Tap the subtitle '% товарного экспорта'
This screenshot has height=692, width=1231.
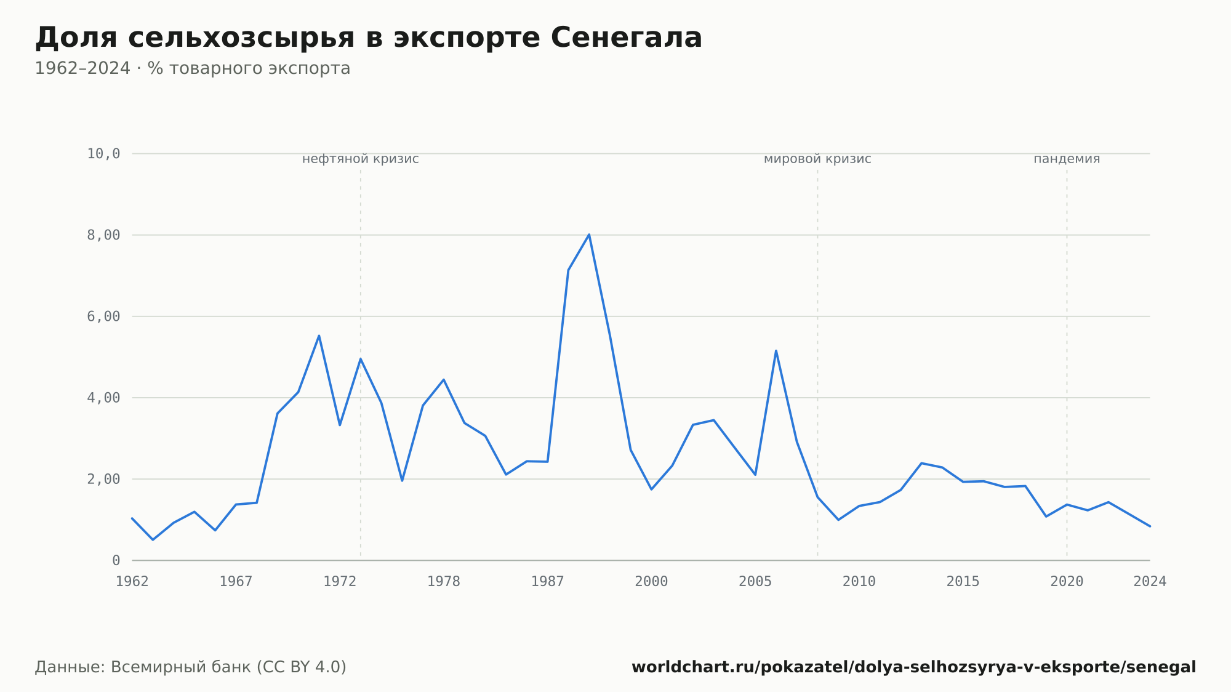pyautogui.click(x=249, y=68)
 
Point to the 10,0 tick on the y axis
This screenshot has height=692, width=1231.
pyautogui.click(x=103, y=154)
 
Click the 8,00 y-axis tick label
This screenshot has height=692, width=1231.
pyautogui.click(x=103, y=235)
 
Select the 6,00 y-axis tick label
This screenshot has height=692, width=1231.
pyautogui.click(x=103, y=316)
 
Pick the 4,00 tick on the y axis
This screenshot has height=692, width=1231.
pyautogui.click(x=103, y=398)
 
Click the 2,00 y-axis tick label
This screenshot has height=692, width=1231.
pyautogui.click(x=103, y=479)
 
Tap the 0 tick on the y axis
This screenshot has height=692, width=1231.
pyautogui.click(x=116, y=560)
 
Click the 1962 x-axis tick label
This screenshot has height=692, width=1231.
pyautogui.click(x=132, y=582)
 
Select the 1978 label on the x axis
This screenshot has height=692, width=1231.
pyautogui.click(x=444, y=582)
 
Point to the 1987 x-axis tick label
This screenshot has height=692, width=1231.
pyautogui.click(x=548, y=582)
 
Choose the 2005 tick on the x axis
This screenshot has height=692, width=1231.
pyautogui.click(x=755, y=582)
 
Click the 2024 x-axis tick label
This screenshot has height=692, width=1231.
pyautogui.click(x=1150, y=582)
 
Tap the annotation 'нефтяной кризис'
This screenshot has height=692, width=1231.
pyautogui.click(x=361, y=159)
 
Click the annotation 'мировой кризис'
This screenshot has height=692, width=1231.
pyautogui.click(x=817, y=159)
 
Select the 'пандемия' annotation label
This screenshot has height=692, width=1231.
pyautogui.click(x=1067, y=159)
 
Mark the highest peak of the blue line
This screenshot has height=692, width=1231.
pyautogui.click(x=589, y=235)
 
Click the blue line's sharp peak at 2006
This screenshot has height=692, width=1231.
pyautogui.click(x=776, y=350)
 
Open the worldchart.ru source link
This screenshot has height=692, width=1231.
pyautogui.click(x=913, y=667)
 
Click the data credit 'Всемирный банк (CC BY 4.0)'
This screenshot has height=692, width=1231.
pyautogui.click(x=228, y=667)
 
